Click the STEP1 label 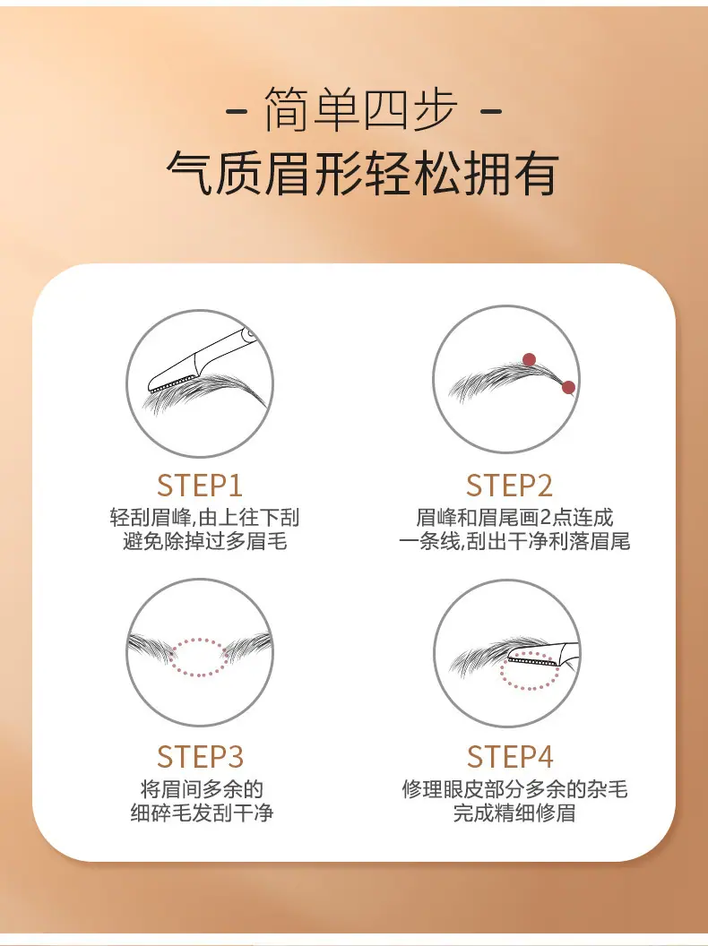(x=200, y=486)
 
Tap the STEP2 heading (x=509, y=486)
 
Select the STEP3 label (x=200, y=757)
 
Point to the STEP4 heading (x=510, y=757)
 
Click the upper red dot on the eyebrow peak (x=530, y=359)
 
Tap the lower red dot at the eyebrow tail (x=568, y=387)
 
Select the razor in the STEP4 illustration (x=543, y=655)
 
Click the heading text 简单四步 (x=360, y=110)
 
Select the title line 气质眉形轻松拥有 (x=362, y=174)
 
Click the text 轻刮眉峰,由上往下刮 (x=204, y=518)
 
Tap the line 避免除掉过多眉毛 (x=204, y=541)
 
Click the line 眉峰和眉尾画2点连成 (x=514, y=518)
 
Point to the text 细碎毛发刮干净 (x=203, y=813)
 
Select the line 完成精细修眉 (x=514, y=813)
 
